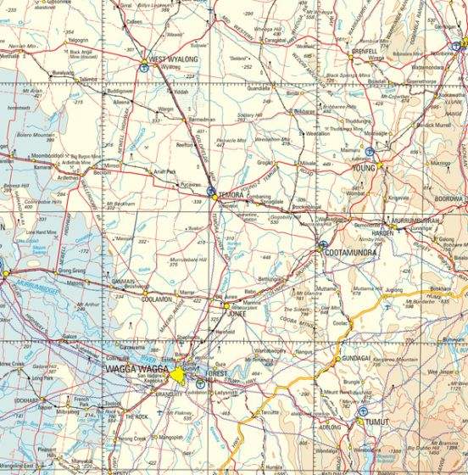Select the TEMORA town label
coord(231,195)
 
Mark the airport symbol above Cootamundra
coord(322,247)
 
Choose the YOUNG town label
coord(363,169)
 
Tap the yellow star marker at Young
coord(381,162)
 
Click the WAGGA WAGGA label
coord(136,371)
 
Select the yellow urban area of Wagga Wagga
coord(179,374)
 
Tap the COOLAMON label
coord(134,299)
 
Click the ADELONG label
coord(329,427)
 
